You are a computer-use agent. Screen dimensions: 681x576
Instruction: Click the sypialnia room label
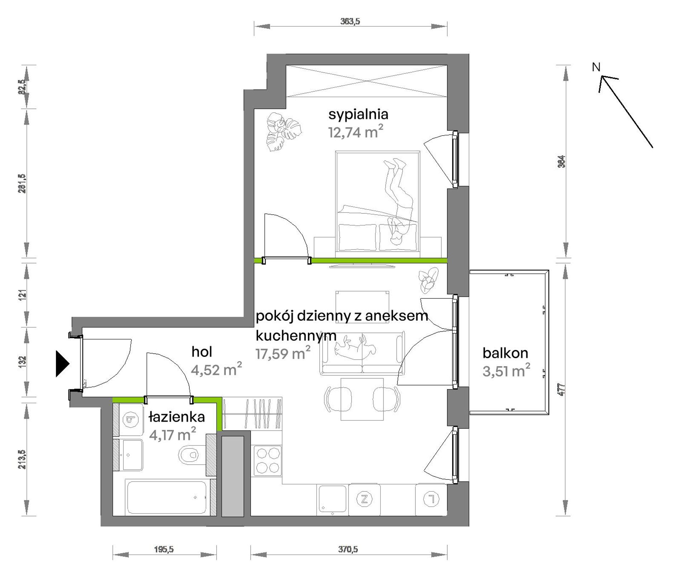(x=358, y=115)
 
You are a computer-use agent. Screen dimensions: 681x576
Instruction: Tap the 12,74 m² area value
(x=356, y=132)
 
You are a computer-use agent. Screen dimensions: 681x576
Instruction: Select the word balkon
(x=505, y=353)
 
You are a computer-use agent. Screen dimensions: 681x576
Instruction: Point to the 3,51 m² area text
(x=506, y=371)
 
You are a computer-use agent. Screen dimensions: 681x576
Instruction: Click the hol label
(x=202, y=352)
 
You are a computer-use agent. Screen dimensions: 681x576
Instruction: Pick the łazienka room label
(x=177, y=417)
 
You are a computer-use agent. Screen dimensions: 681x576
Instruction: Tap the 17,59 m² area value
(x=283, y=353)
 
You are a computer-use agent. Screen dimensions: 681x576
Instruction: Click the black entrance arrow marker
(x=62, y=364)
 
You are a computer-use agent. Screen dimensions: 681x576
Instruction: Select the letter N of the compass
(x=596, y=67)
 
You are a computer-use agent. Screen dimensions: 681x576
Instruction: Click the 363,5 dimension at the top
(x=350, y=21)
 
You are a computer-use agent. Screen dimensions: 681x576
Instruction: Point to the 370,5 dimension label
(x=348, y=549)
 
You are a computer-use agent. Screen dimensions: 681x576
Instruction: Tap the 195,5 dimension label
(x=164, y=549)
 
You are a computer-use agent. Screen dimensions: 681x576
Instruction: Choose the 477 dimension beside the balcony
(x=562, y=389)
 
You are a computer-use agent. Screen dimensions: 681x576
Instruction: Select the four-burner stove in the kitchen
(x=267, y=460)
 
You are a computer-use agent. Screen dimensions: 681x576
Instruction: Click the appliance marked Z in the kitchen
(x=365, y=499)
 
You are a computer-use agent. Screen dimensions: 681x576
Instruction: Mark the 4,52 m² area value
(x=216, y=369)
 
